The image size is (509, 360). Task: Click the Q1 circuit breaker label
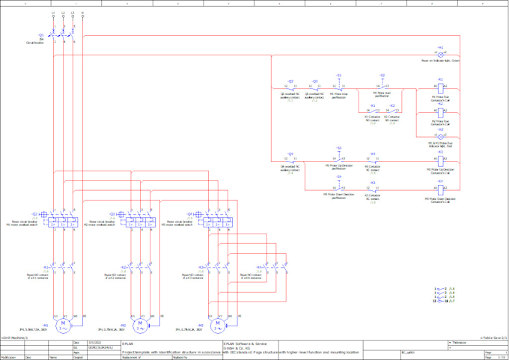pos(40,34)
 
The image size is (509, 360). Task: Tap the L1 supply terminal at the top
pos(52,13)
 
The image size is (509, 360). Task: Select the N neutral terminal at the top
pos(82,13)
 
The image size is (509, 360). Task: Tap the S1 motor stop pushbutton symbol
pos(338,85)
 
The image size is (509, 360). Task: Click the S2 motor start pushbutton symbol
pos(382,85)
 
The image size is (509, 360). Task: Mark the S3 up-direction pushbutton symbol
pos(338,159)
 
